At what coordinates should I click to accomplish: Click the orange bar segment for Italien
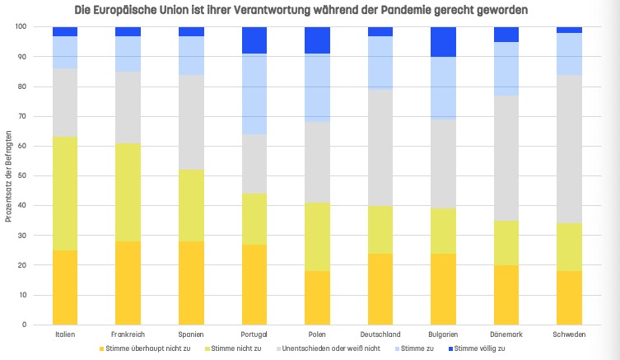coord(65,288)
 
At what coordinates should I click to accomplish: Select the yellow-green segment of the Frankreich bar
coord(128,192)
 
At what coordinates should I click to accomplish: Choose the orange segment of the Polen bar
coord(319,297)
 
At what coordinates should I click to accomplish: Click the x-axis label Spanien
coord(192,335)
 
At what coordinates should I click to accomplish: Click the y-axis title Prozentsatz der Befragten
coord(8,175)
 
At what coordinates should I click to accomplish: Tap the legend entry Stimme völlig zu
coord(478,349)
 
